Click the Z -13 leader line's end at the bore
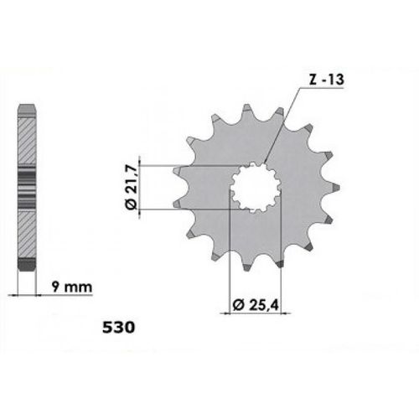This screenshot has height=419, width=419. coord(264,164)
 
